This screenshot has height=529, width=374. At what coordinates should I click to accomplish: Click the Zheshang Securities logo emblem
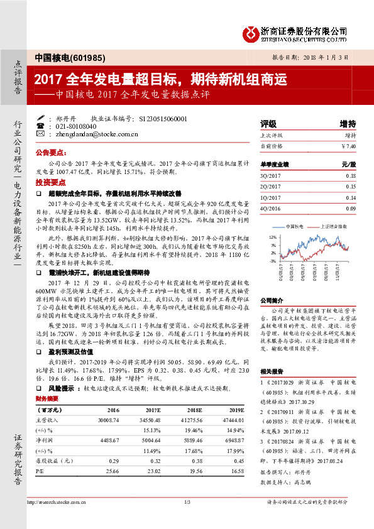[252, 31]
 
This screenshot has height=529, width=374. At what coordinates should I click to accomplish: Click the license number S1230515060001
[162, 117]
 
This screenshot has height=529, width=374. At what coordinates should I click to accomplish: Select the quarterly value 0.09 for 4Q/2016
[351, 208]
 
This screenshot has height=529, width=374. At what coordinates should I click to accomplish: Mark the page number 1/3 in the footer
[187, 520]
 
